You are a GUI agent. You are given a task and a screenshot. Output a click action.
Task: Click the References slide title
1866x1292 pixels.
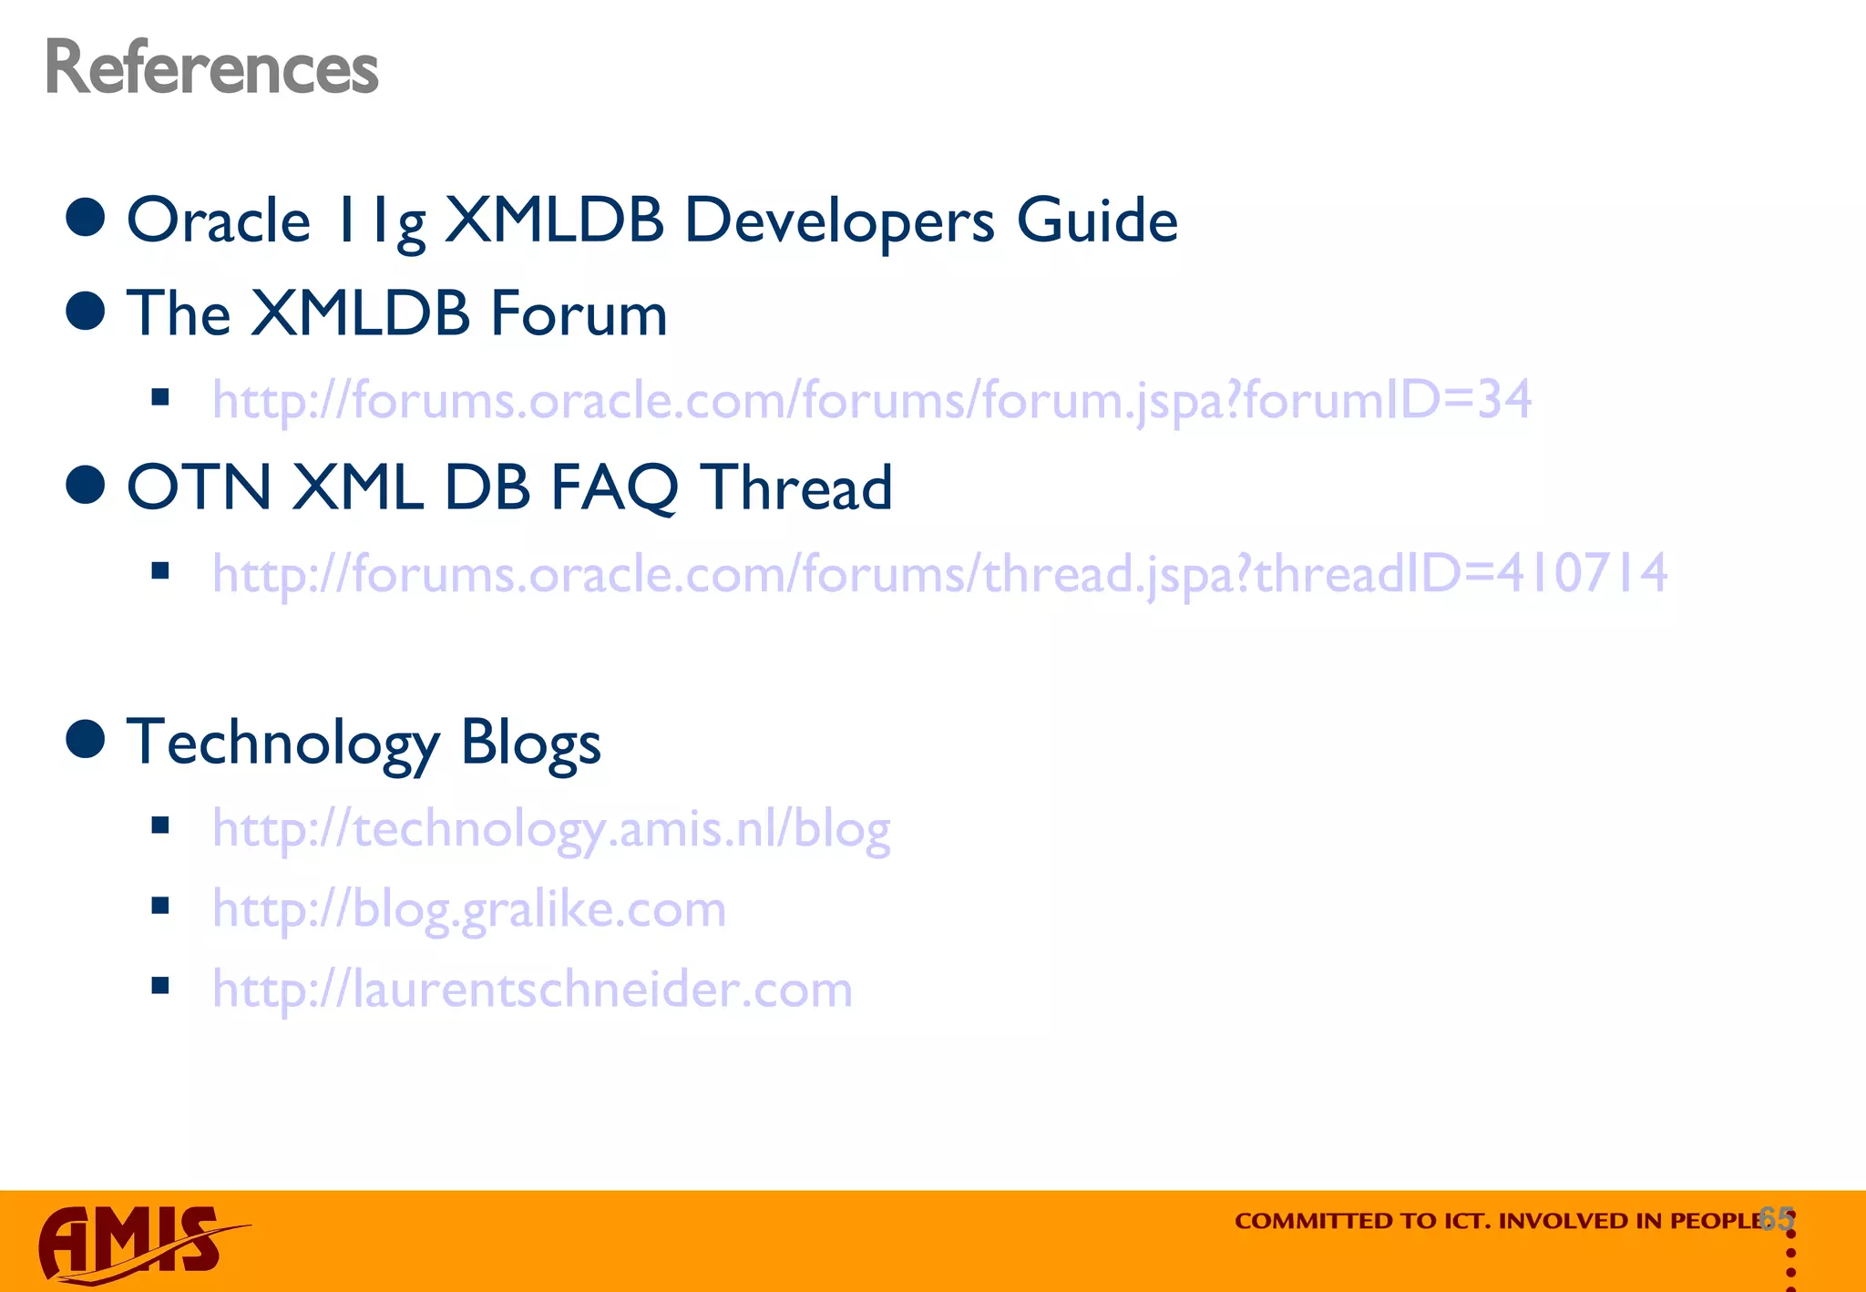click(211, 68)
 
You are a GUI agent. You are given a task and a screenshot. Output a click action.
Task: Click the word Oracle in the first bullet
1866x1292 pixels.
click(219, 221)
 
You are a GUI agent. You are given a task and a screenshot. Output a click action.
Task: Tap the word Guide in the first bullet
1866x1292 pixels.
click(1097, 221)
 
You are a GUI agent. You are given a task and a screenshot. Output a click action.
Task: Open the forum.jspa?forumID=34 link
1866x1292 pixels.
click(872, 400)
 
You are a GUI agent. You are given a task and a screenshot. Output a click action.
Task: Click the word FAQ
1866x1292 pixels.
click(614, 487)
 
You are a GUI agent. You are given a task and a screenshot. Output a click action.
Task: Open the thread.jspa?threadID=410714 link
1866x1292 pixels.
click(939, 574)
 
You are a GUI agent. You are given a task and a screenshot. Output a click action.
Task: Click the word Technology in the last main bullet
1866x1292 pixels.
click(282, 743)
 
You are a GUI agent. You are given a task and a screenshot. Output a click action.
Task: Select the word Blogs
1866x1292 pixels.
click(530, 743)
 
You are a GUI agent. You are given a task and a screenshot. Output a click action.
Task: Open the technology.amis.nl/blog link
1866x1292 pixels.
click(551, 829)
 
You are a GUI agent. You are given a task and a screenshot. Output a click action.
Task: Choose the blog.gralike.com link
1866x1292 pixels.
click(469, 909)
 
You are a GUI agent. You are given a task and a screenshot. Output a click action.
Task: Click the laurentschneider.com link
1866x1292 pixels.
click(532, 990)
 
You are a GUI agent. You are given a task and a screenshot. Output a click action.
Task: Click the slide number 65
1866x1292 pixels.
click(1777, 1218)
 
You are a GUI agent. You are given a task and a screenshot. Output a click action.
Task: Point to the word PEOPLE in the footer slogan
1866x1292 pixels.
click(1717, 1221)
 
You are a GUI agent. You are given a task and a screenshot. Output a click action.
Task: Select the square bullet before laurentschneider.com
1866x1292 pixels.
click(161, 985)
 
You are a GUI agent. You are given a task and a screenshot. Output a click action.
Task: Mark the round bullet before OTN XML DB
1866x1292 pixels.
click(87, 484)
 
